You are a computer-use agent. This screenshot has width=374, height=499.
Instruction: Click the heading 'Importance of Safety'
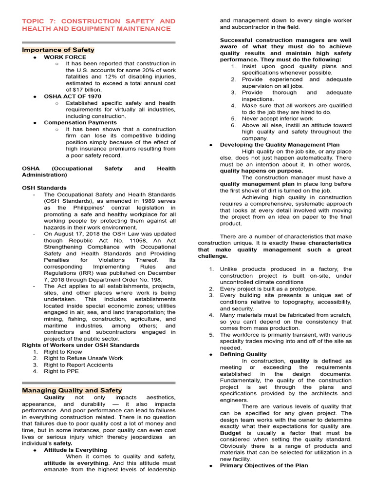point(58,50)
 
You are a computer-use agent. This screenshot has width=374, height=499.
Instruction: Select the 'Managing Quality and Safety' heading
point(72,390)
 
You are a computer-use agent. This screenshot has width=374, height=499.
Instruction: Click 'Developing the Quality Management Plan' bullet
point(280,145)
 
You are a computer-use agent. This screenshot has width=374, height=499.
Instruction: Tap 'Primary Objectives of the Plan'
point(264,465)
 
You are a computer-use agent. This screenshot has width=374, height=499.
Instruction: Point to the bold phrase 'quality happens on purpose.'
point(261,171)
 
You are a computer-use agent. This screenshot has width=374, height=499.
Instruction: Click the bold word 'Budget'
point(230,433)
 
